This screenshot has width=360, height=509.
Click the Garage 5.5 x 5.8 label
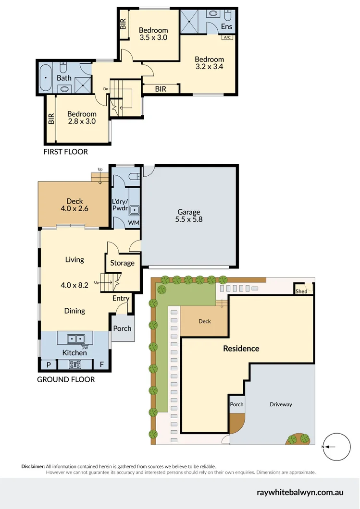pos(188,216)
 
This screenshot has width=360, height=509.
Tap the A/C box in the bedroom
pos(226,37)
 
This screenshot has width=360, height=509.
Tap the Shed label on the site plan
pos(301,291)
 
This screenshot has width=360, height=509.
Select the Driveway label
pos(281,404)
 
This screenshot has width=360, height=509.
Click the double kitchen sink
pos(74,339)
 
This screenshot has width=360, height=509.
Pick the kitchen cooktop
pos(74,364)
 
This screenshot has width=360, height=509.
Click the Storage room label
pos(122,263)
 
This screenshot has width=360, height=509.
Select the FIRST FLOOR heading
pos(66,152)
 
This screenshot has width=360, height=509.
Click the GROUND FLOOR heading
pos(66,379)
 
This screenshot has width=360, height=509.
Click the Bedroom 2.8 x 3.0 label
pos(82,118)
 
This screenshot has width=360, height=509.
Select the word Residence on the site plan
pos(241,349)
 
